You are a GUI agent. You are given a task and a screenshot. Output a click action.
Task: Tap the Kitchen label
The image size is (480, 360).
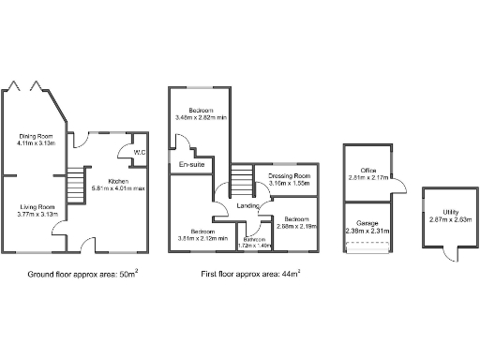[119, 180]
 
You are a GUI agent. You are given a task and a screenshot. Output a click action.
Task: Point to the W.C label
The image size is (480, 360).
[140, 152]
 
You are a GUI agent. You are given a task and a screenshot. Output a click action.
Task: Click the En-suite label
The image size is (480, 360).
[193, 165]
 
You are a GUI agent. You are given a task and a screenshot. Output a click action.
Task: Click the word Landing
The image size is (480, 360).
[247, 204]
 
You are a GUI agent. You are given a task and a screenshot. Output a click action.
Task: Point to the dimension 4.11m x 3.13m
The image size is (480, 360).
[37, 143]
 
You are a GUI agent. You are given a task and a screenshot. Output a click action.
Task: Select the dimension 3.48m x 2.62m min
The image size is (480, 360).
[201, 119]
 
